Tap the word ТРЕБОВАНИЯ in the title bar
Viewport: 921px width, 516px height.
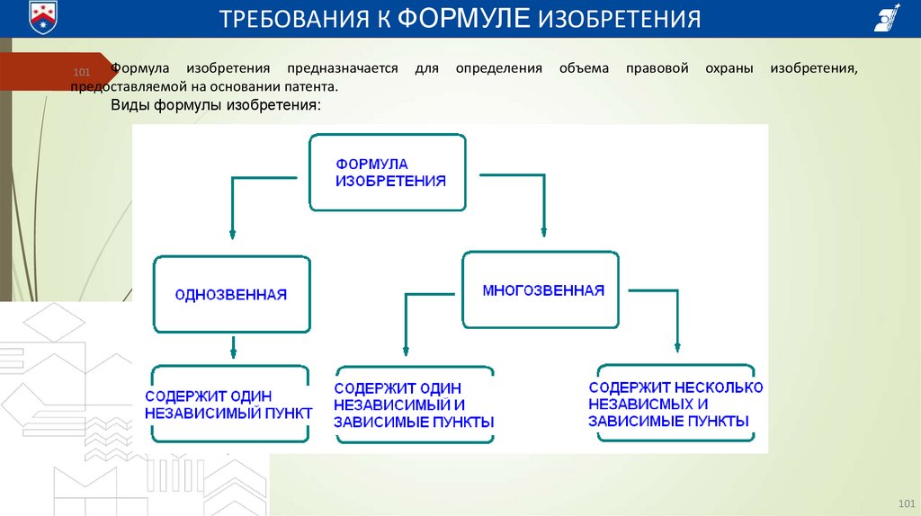(298, 19)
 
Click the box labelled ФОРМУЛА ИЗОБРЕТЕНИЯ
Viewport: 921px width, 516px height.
(388, 173)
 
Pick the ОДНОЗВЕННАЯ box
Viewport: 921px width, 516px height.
(231, 295)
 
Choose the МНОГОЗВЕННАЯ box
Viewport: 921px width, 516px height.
(541, 290)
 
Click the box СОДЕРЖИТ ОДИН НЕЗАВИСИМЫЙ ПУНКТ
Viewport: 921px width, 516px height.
(230, 404)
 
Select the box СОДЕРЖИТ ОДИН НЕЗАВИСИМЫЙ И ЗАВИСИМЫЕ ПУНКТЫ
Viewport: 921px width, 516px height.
(414, 405)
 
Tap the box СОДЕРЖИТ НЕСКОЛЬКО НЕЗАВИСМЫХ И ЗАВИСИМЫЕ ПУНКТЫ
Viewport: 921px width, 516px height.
(675, 404)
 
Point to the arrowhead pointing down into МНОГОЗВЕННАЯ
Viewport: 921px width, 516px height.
(543, 232)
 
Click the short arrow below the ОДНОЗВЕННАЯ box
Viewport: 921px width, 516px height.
(233, 346)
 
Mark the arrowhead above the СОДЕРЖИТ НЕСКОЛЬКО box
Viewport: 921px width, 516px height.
(677, 344)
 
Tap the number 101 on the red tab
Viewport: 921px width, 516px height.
(81, 71)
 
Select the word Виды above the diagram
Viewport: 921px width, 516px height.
(130, 106)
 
